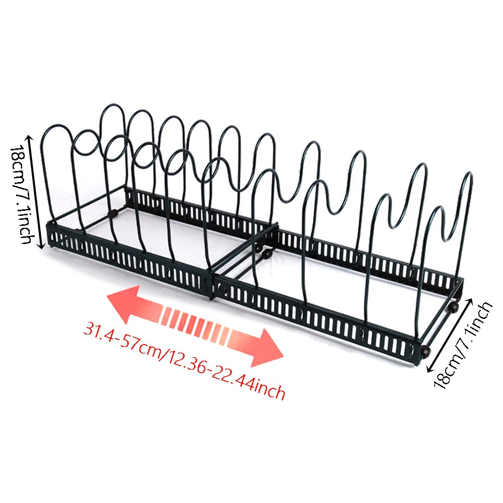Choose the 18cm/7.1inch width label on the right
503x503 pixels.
coord(462,346)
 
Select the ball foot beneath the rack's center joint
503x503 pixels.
coord(266,255)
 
